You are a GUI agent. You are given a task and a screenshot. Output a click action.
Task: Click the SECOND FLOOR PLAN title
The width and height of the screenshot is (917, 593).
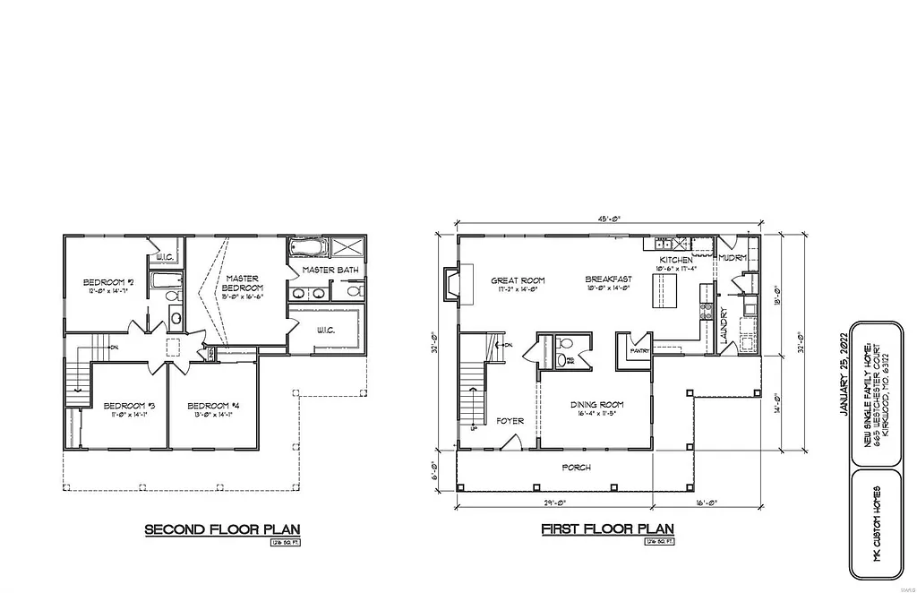tap(222, 530)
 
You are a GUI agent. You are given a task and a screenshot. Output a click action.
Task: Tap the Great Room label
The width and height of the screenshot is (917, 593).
tap(518, 279)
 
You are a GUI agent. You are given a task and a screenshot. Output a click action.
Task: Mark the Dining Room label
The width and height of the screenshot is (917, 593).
tap(596, 405)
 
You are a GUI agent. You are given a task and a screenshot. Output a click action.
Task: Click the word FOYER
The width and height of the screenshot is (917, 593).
tap(510, 420)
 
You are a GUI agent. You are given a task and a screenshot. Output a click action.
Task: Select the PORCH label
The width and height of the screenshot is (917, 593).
tap(576, 467)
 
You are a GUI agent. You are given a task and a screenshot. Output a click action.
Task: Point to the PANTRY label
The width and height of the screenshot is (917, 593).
tap(639, 350)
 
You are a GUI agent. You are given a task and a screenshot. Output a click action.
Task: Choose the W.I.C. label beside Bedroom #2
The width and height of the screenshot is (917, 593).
tap(164, 258)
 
